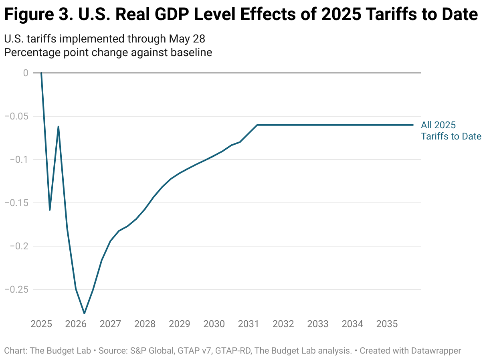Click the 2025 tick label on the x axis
click(41, 324)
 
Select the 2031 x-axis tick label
click(249, 324)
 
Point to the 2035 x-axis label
click(387, 324)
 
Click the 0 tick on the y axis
click(26, 73)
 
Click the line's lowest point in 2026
click(85, 313)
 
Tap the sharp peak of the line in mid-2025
click(59, 127)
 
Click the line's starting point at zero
click(41, 73)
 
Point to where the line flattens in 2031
click(257, 125)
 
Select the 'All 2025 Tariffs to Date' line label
click(451, 131)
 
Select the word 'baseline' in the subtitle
click(191, 53)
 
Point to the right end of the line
click(413, 125)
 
